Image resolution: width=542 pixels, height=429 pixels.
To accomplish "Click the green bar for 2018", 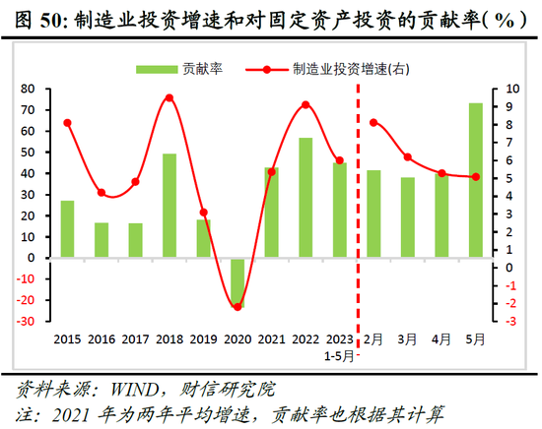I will click(x=169, y=206).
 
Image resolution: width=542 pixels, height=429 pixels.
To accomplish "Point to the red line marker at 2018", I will click(x=169, y=98).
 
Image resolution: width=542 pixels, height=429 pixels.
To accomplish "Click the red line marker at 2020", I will click(x=237, y=307).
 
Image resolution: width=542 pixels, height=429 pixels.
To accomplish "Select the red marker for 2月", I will click(x=373, y=123).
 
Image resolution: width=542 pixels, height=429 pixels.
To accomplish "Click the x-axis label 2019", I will click(x=204, y=339).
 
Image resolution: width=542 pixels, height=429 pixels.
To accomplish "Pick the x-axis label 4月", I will click(x=441, y=339).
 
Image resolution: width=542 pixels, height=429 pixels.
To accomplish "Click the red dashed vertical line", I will click(x=357, y=197).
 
